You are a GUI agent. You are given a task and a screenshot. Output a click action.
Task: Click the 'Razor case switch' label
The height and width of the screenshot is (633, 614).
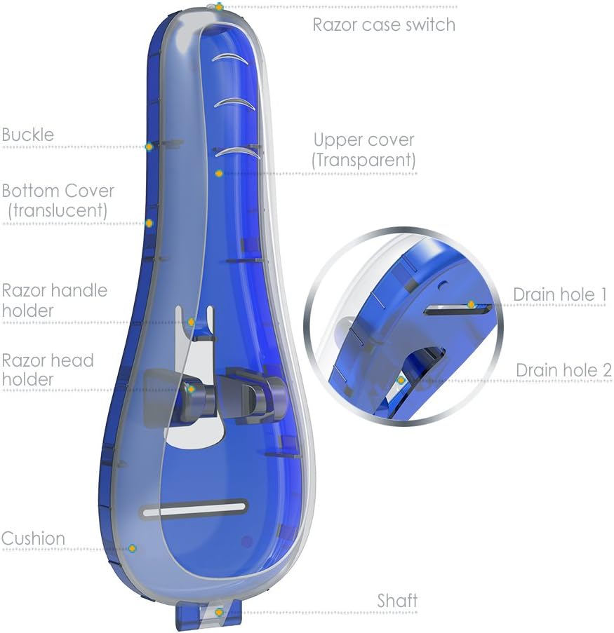click(x=384, y=25)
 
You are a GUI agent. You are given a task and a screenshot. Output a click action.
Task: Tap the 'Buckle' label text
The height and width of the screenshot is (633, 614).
click(x=28, y=134)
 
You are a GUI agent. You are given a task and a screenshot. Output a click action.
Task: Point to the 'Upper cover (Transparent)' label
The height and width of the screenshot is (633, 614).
click(x=363, y=150)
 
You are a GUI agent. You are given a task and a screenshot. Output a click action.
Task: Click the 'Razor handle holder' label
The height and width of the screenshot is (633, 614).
click(x=55, y=300)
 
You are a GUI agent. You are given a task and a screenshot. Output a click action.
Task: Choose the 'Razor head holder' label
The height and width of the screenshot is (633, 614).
click(x=48, y=370)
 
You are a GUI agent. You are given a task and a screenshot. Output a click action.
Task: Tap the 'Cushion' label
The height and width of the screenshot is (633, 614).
click(x=33, y=538)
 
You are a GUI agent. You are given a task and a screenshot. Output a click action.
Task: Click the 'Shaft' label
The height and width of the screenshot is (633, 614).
click(x=397, y=600)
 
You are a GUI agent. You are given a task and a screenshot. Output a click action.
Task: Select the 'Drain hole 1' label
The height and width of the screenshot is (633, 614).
click(x=559, y=294)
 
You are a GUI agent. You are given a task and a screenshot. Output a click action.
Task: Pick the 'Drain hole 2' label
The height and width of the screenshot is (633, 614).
click(x=563, y=370)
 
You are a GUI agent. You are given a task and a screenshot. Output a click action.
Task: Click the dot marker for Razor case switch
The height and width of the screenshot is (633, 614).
click(x=219, y=7)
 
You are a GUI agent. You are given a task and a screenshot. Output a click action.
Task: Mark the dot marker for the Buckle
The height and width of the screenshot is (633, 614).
click(x=149, y=147)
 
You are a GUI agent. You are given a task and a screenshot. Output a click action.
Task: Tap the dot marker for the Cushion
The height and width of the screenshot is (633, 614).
click(x=131, y=548)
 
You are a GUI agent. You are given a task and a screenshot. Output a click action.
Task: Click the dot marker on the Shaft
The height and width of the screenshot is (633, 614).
click(x=219, y=612)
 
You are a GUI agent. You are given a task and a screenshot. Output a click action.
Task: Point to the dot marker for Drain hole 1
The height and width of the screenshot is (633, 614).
click(x=472, y=305)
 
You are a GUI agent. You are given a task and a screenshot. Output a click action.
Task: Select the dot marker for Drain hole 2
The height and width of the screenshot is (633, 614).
click(x=401, y=380)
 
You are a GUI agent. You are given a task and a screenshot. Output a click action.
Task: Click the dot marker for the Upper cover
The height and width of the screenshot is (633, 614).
click(x=219, y=173)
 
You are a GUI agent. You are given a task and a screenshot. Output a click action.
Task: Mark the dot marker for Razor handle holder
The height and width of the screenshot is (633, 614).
click(x=191, y=322)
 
